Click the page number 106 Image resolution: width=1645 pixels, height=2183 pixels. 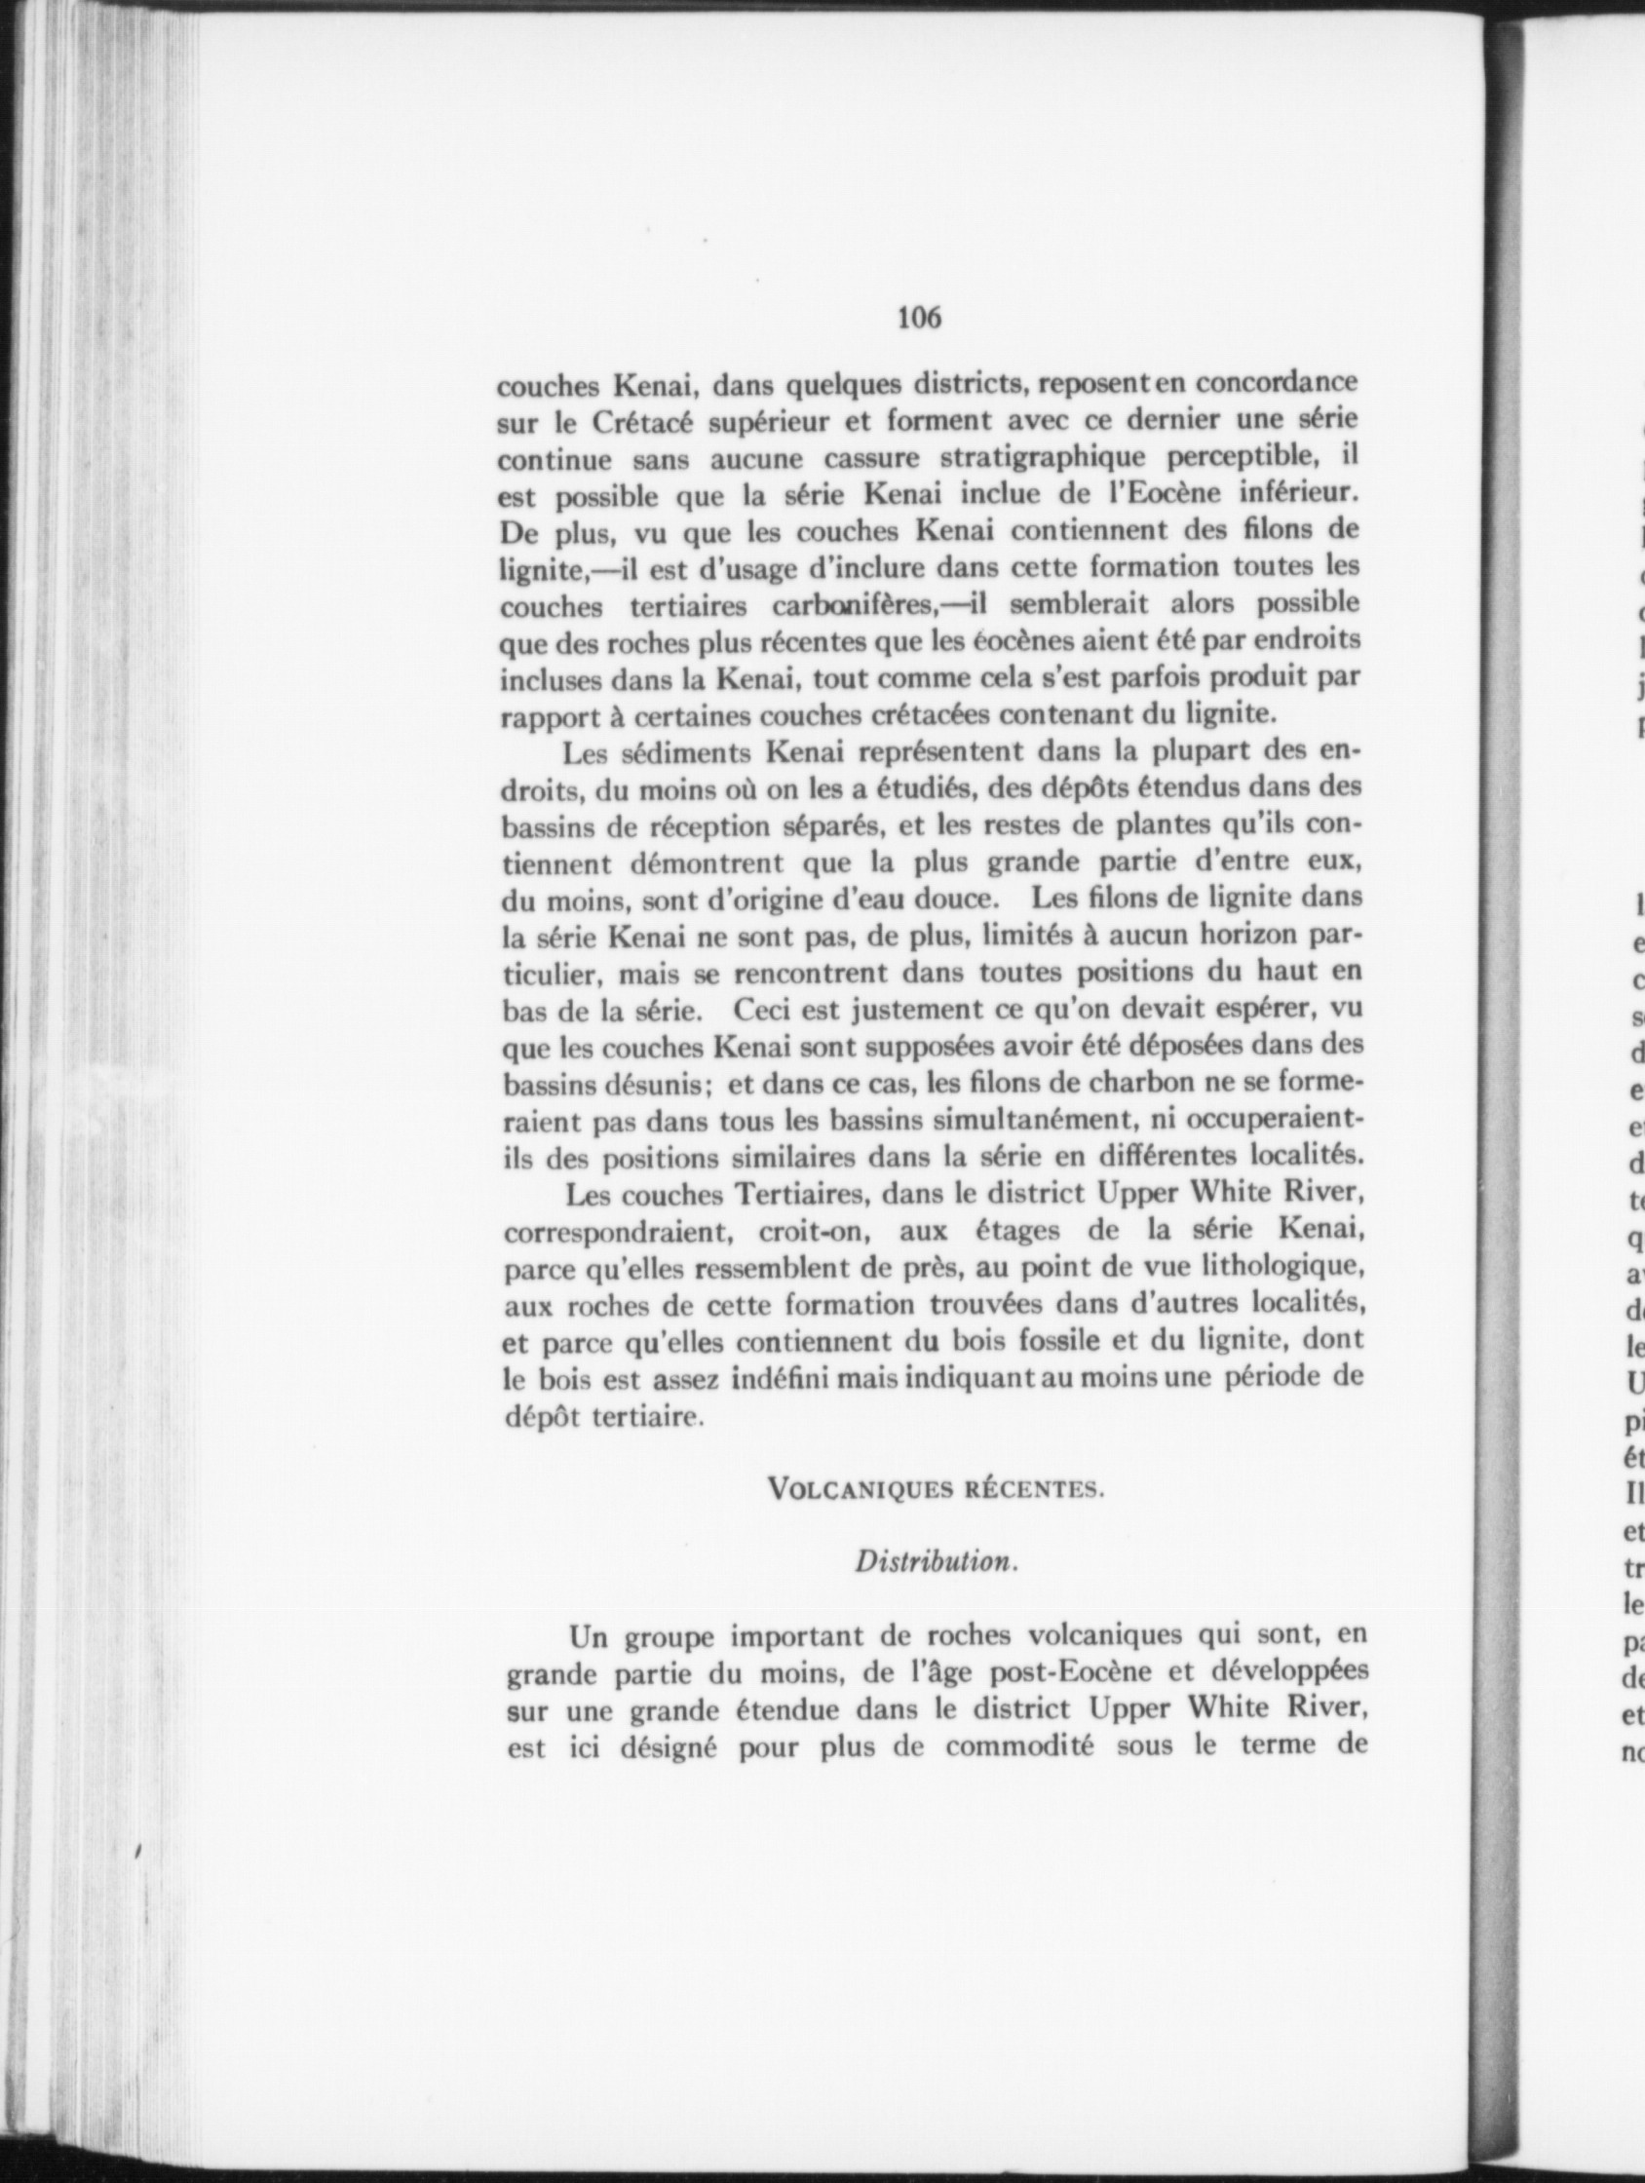pos(919,317)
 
